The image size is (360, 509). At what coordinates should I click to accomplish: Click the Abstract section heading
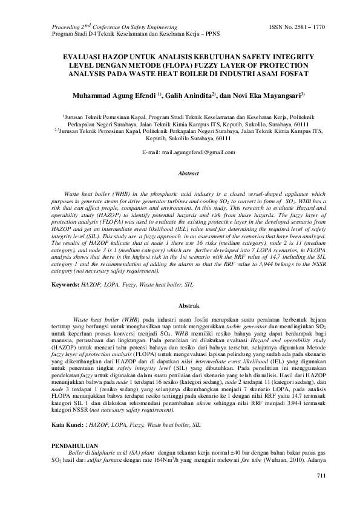pos(188,173)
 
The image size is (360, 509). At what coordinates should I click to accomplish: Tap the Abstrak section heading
pos(188,307)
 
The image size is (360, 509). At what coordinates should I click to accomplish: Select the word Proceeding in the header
pos(67,27)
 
